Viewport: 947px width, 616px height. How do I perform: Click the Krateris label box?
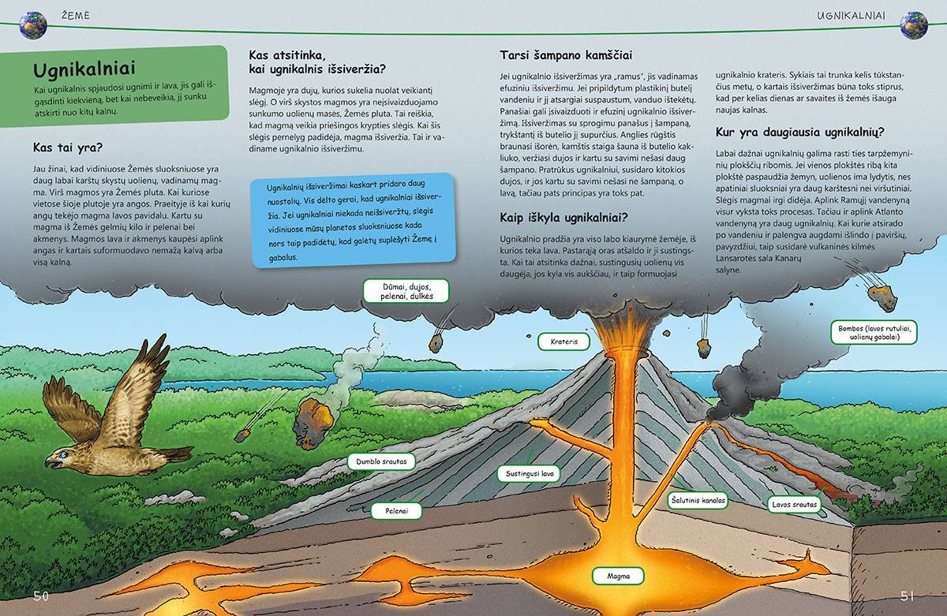tap(563, 342)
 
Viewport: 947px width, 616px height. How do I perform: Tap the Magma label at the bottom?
tap(618, 576)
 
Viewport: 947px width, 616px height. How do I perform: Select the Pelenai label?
tap(396, 511)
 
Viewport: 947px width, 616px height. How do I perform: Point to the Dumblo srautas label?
tap(381, 461)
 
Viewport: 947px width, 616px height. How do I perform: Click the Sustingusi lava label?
tap(529, 473)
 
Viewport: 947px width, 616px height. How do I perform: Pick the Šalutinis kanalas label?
tap(698, 500)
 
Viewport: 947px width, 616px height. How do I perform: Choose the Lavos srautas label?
tap(794, 504)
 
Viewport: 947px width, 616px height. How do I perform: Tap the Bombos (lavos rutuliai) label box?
tap(874, 333)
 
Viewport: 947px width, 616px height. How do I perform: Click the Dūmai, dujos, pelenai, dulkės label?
tap(406, 291)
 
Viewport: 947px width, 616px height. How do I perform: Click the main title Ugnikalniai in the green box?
tap(84, 69)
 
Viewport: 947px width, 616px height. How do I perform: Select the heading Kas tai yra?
tap(68, 147)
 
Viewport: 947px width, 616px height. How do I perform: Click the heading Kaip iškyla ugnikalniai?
tap(563, 218)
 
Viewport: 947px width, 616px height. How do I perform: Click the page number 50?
tap(41, 596)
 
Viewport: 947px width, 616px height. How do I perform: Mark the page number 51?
tap(907, 596)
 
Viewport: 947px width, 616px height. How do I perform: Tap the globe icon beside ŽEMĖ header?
tap(33, 25)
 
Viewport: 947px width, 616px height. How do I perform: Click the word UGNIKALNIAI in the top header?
tap(851, 16)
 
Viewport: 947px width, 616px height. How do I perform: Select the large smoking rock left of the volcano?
tap(313, 423)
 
